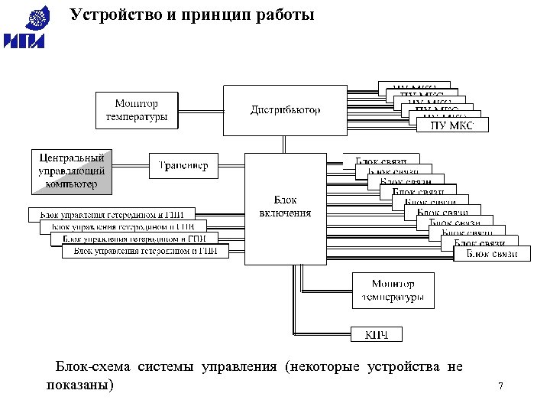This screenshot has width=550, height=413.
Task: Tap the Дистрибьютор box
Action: point(286,110)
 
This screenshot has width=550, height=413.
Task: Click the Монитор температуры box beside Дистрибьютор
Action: point(137,110)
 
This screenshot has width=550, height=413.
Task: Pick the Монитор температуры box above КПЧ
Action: point(393,291)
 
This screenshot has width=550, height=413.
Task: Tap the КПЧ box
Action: point(377,334)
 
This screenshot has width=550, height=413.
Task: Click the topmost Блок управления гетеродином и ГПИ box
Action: point(112,213)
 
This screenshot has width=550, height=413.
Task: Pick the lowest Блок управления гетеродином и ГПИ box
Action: point(145,251)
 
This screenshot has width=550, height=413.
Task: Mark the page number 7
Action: point(500,386)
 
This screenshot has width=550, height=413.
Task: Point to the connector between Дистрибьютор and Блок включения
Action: point(285,145)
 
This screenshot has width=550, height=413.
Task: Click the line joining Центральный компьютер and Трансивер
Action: point(131,165)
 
